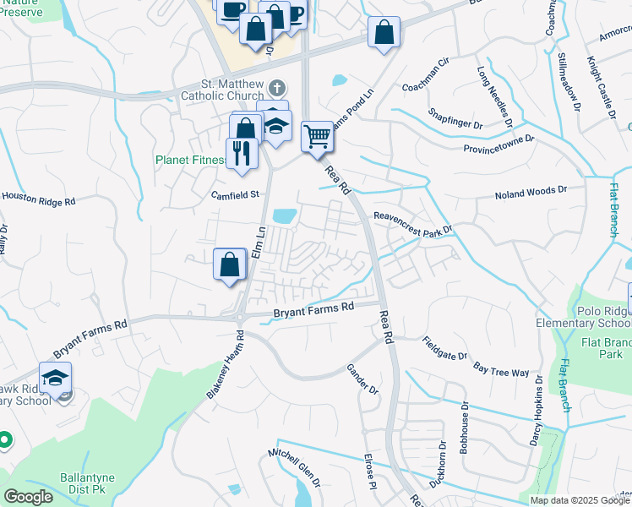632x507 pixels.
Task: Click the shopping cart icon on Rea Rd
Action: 317,136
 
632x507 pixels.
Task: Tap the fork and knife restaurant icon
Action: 242,153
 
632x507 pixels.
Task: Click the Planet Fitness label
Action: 191,159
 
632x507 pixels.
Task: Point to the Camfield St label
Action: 234,194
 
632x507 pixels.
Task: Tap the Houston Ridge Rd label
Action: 38,199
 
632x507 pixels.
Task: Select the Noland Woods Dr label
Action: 539,195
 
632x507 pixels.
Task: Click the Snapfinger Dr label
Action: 455,118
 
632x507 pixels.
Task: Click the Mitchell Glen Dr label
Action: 295,468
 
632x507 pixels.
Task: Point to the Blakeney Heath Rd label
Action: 224,365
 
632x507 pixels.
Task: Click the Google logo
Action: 27,497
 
